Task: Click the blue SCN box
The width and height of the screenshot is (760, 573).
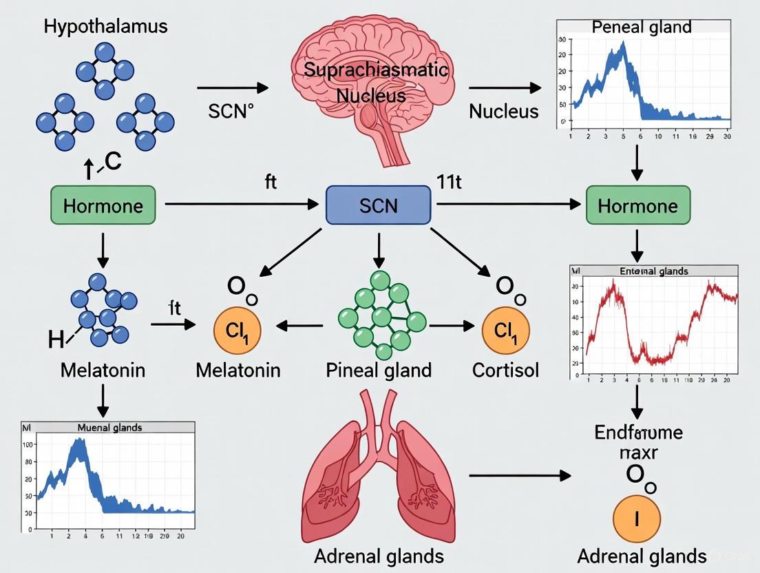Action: point(378,205)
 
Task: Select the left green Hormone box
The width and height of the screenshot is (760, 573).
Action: point(103,205)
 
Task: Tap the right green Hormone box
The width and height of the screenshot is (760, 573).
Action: point(637,205)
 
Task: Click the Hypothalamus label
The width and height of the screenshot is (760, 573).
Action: point(105,28)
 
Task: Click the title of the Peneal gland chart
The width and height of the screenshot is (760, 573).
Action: point(642,28)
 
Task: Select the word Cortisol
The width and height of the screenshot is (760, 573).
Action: point(505,370)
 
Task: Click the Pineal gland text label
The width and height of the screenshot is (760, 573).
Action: point(379,370)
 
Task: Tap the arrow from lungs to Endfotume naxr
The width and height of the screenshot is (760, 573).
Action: point(520,475)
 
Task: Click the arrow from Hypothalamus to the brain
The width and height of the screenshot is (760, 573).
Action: point(232,87)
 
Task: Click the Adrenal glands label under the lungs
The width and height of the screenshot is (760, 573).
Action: point(379,556)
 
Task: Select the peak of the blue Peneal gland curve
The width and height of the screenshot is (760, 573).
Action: point(622,43)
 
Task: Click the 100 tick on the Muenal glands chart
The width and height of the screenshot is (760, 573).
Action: point(28,444)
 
